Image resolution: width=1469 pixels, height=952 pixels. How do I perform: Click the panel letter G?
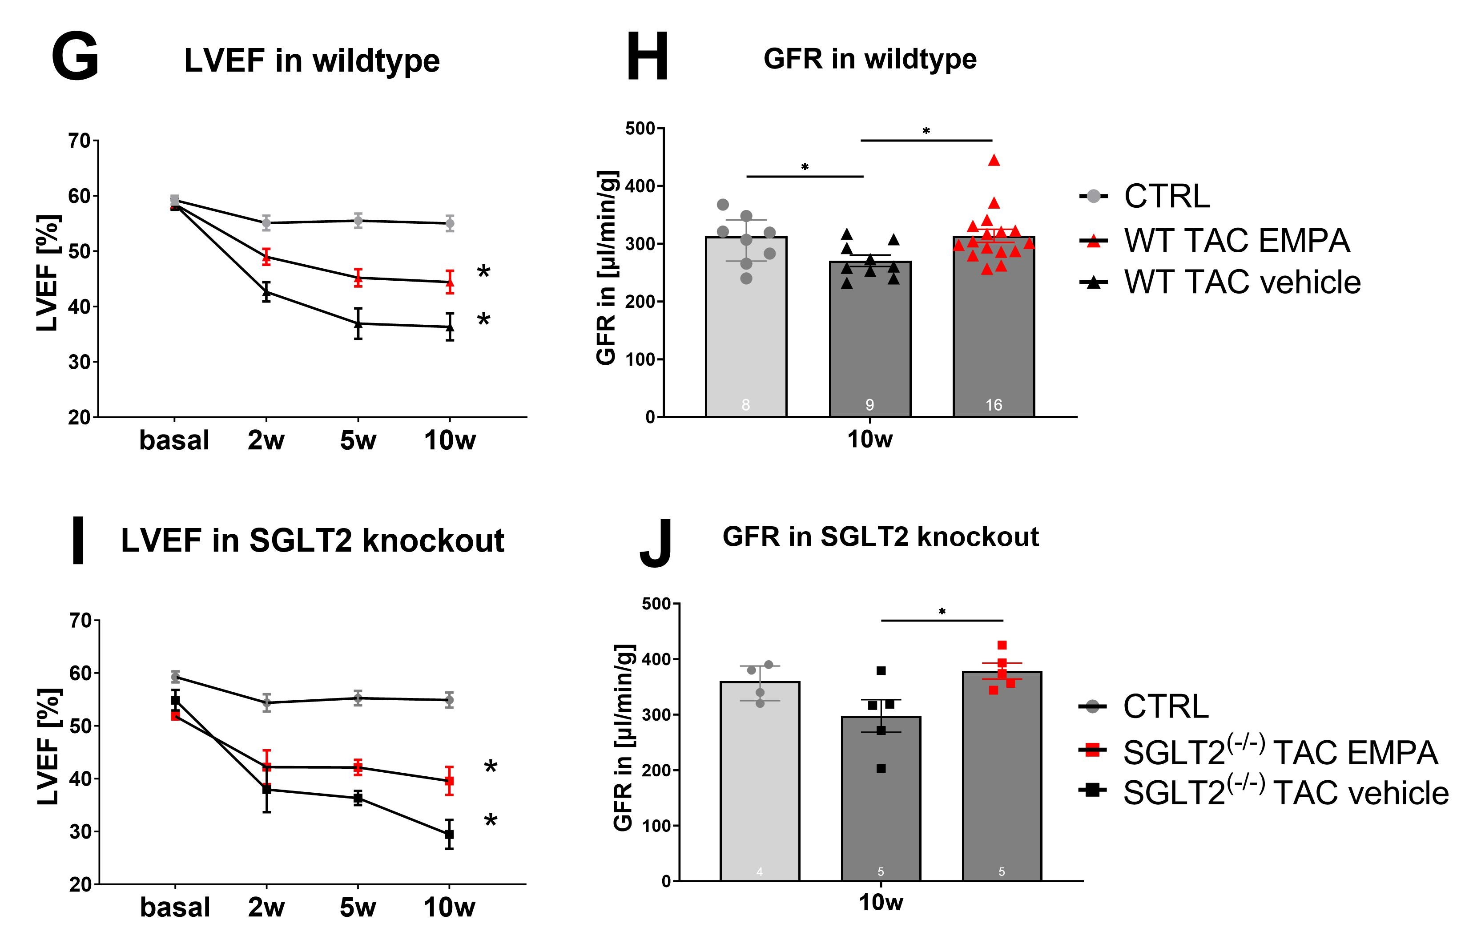[75, 57]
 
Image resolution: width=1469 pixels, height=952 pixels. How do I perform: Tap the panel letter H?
[647, 57]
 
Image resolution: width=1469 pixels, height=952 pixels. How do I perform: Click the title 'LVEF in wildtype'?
[312, 61]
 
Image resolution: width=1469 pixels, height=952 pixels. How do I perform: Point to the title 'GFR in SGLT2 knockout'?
[880, 537]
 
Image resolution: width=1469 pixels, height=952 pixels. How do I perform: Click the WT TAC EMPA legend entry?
[1215, 240]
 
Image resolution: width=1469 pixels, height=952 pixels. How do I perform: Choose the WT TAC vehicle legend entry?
[1219, 282]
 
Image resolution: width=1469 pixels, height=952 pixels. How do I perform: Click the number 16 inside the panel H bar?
[993, 405]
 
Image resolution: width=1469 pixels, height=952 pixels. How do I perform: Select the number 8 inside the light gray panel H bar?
[745, 405]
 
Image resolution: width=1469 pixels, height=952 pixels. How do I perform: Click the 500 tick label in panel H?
[640, 129]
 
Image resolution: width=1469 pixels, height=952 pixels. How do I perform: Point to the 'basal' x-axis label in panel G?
[174, 441]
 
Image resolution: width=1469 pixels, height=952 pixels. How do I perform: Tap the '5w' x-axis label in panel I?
[358, 908]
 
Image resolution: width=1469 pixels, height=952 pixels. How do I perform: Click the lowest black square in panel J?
[881, 769]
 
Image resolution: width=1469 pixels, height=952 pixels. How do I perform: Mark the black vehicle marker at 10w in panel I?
[449, 834]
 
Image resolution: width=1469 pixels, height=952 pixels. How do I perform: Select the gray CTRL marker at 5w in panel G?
[358, 220]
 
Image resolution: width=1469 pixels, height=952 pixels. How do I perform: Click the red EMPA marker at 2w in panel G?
[266, 257]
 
